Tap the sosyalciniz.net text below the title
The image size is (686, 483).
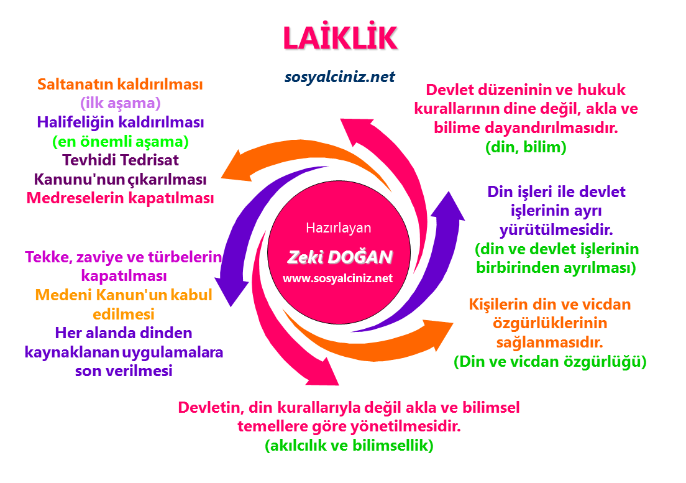coord(339,76)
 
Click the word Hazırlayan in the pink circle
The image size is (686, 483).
coord(339,228)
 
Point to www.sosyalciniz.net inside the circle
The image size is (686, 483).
coord(338,278)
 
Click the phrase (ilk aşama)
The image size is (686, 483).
coord(121,103)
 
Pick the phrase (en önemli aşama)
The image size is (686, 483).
coord(121,141)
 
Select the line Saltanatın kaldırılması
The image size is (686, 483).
coord(121,84)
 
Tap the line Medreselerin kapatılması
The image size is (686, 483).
coord(121,198)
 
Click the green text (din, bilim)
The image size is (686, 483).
coord(525,147)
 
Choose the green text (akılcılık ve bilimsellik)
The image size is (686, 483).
coord(349,446)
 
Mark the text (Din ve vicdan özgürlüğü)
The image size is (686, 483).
coord(550,361)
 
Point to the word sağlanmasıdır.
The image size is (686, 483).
coord(550,342)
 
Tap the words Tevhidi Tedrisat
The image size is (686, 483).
coord(121,160)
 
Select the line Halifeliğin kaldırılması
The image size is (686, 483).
coord(121,122)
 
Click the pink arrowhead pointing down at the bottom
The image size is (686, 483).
coord(323,373)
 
